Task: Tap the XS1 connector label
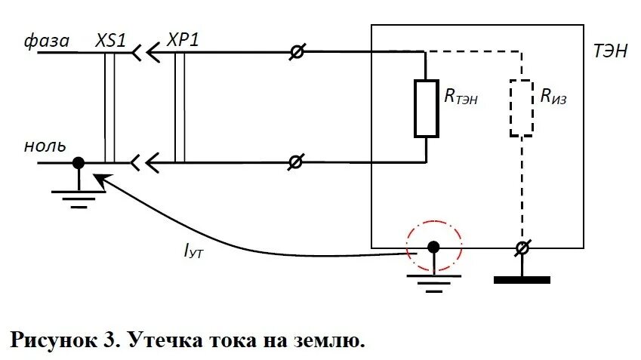[111, 40]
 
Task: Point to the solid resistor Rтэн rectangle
[427, 108]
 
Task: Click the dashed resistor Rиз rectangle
[522, 108]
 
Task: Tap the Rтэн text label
[460, 96]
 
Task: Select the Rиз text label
[555, 96]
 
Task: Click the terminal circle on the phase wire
[298, 52]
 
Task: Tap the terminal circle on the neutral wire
[298, 162]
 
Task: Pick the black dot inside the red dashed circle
[433, 247]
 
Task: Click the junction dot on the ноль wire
[78, 162]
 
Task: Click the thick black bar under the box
[522, 279]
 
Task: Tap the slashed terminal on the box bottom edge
[522, 248]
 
